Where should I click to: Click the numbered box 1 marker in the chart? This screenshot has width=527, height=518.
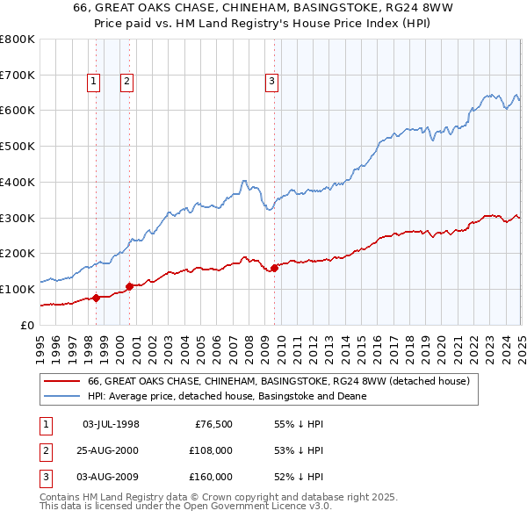point(94,82)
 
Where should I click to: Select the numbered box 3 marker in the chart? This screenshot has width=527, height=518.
point(271,82)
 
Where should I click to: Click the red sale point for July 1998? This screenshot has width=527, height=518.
point(96,298)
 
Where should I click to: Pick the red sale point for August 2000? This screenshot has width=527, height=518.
point(130,286)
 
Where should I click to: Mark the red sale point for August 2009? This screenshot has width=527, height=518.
point(274,268)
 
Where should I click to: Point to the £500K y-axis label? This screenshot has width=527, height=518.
point(18,147)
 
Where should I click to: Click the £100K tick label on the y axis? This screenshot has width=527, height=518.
point(18,289)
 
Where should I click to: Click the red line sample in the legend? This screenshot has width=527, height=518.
point(62,382)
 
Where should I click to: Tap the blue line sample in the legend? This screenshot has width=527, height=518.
point(62,397)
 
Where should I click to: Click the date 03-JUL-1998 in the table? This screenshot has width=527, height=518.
point(111,424)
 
